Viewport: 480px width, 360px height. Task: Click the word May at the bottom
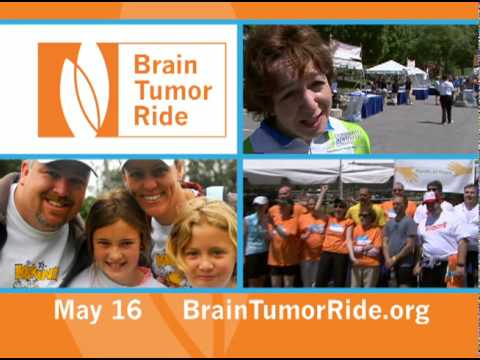pos(84,310)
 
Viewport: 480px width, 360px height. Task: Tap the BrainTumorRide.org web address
pos(306,310)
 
